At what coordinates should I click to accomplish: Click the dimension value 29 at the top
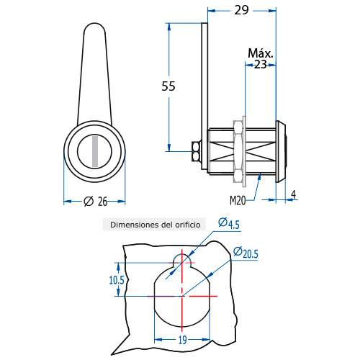coord(241,10)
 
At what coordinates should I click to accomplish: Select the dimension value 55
coord(168,86)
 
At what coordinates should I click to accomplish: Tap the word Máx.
coord(261,53)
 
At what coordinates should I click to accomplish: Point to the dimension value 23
coord(261,65)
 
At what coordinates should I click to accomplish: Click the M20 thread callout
coord(238,200)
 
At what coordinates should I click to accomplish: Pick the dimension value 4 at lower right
coord(294,194)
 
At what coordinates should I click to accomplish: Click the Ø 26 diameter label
coord(96,202)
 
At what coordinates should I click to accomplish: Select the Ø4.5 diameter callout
coord(229,223)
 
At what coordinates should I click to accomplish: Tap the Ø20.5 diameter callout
coord(246,253)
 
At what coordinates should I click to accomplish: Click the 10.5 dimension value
coord(117,280)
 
